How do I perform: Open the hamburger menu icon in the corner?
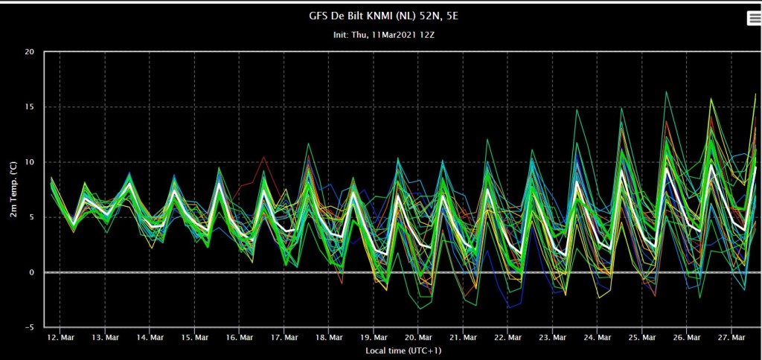click(x=754, y=18)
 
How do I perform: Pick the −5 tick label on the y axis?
click(x=32, y=327)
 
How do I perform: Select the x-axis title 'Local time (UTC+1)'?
click(x=403, y=350)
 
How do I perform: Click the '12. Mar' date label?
click(x=60, y=337)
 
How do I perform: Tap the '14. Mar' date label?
click(x=150, y=337)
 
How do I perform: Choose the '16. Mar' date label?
click(x=240, y=337)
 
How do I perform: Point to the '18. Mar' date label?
click(x=329, y=337)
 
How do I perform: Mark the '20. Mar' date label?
click(x=418, y=337)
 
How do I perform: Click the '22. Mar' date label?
click(x=508, y=337)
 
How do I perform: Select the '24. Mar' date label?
click(x=598, y=337)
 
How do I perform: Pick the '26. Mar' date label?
click(x=687, y=337)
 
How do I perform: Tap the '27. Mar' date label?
click(x=732, y=337)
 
